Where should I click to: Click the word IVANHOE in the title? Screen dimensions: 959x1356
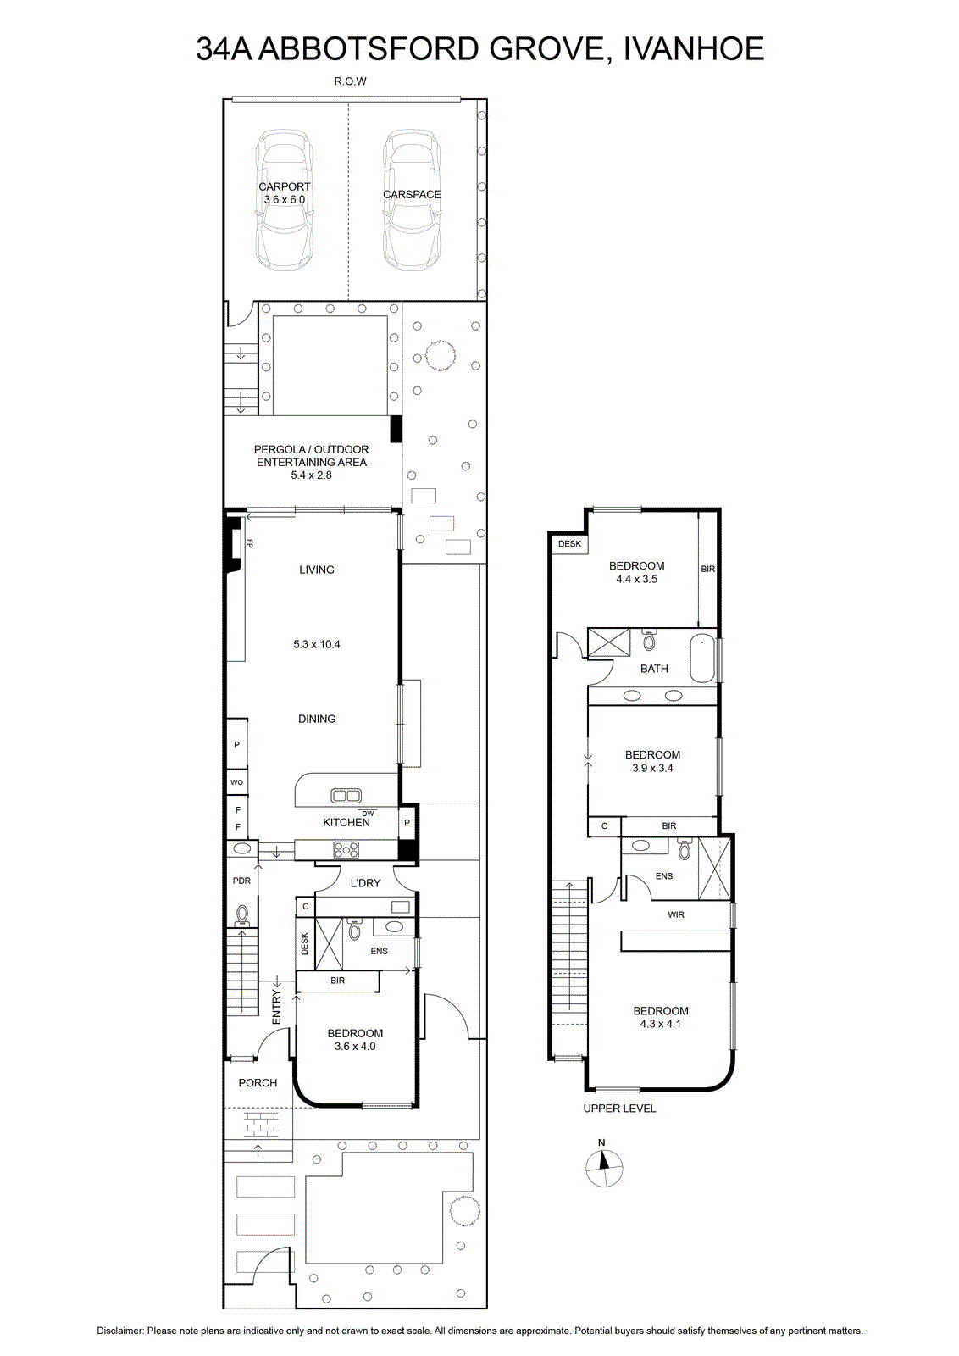point(693,49)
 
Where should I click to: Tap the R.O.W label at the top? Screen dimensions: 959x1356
point(351,81)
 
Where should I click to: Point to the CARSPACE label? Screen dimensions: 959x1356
point(412,194)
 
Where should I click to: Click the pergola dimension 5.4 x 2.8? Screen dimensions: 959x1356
point(311,475)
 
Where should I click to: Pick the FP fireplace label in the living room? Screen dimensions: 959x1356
point(249,543)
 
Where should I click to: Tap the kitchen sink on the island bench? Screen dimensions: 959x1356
point(346,795)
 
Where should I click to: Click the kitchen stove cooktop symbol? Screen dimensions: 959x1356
point(346,850)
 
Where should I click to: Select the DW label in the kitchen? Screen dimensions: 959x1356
point(368,814)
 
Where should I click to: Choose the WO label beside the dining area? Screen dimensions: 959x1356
point(236,782)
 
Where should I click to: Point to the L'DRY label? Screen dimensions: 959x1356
point(365,883)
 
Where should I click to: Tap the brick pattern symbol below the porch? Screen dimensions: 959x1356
point(261,1125)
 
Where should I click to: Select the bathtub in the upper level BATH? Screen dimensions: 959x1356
point(702,659)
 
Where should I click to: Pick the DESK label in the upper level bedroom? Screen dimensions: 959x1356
point(569,543)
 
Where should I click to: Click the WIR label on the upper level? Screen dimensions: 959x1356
point(676,914)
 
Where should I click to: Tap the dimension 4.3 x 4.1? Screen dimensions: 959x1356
point(661,1025)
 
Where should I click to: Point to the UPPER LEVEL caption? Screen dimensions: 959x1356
point(619,1109)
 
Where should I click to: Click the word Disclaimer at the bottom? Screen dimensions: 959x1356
point(120,1331)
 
